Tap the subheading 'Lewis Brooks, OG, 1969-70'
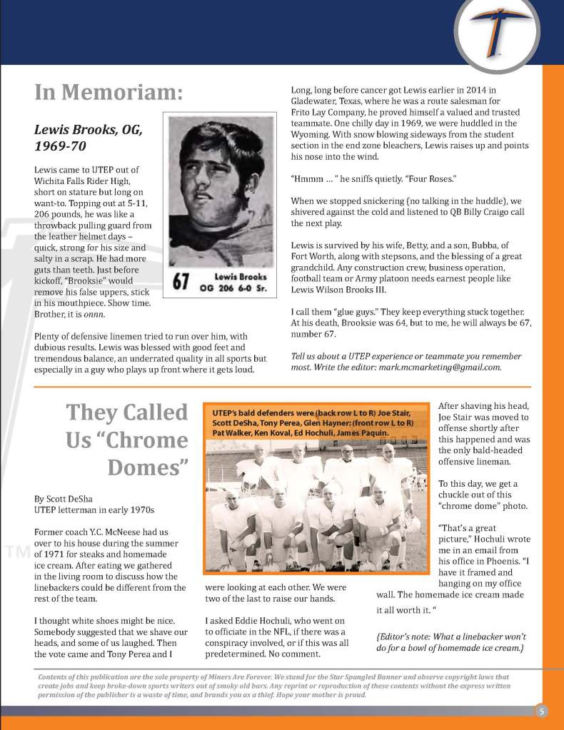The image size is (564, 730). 89,138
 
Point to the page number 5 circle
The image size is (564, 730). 542,710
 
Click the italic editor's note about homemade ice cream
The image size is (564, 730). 450,642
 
